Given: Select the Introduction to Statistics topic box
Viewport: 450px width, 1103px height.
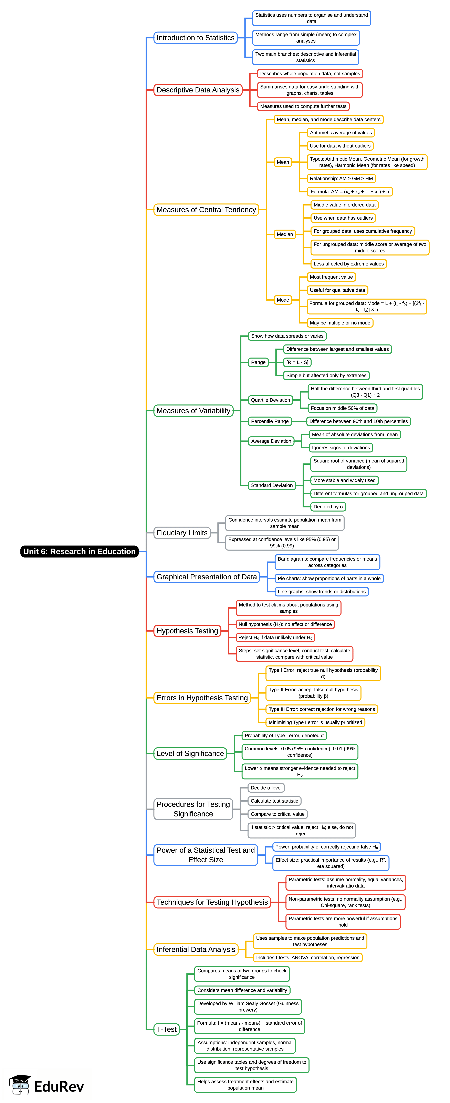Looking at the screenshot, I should [196, 38].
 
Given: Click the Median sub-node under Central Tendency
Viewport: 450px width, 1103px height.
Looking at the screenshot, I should [284, 234].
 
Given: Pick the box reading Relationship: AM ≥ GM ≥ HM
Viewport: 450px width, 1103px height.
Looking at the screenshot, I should [341, 179].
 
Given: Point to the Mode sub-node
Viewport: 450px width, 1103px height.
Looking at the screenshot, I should [283, 300].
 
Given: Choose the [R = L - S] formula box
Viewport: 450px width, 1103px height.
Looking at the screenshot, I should [297, 362].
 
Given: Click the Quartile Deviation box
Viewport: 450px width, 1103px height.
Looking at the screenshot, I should [270, 400].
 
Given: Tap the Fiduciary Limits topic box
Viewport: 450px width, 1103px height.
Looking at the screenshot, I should [182, 533].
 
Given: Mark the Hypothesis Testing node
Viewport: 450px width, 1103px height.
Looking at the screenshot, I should [187, 631].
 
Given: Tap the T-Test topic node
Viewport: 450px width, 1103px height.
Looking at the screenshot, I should [166, 1029].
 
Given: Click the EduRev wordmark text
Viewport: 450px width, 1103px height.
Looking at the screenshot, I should [59, 1086].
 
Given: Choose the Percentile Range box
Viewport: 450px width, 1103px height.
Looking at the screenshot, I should [270, 421].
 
